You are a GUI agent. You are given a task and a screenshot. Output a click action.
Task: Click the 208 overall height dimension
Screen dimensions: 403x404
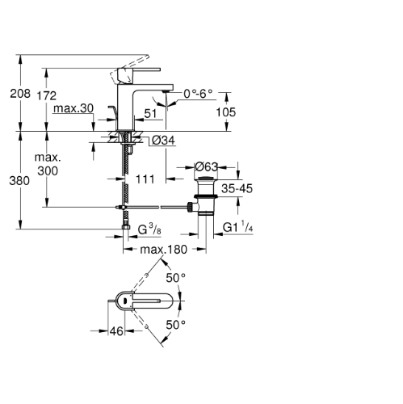(x=20, y=94)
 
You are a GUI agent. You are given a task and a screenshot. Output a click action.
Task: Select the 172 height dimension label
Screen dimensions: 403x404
(x=47, y=95)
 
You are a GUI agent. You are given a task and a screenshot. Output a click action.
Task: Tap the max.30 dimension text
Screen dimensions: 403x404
(x=73, y=108)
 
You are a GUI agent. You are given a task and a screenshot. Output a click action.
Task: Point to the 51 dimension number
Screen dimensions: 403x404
(x=150, y=113)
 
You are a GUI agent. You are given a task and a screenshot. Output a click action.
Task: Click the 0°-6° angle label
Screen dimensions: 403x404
(x=198, y=94)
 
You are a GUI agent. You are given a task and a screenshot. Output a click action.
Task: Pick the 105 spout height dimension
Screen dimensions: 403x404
(x=226, y=112)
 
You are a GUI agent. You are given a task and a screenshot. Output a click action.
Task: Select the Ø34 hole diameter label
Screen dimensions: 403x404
(x=163, y=140)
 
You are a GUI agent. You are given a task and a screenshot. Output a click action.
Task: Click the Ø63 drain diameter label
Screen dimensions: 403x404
(x=206, y=166)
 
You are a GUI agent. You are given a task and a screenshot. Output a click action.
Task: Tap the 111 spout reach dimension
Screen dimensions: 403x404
(x=145, y=179)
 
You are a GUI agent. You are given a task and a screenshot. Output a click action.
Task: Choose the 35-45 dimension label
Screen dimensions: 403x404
(x=237, y=188)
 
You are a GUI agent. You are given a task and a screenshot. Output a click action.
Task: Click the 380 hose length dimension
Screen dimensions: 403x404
(x=19, y=181)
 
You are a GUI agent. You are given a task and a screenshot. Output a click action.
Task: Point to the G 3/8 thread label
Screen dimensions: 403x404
(x=149, y=229)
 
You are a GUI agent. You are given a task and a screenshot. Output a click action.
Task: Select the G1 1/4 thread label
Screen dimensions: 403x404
(x=238, y=227)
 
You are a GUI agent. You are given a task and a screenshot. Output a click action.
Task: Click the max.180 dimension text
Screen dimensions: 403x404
(x=164, y=250)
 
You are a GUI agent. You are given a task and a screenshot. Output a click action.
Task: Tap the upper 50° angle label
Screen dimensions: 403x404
(x=176, y=278)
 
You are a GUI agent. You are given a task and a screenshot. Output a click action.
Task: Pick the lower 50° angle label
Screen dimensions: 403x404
(x=176, y=325)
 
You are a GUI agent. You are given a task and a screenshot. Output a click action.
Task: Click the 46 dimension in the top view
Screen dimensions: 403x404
(x=116, y=331)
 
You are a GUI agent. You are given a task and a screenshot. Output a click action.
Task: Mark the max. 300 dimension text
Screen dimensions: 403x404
(x=48, y=164)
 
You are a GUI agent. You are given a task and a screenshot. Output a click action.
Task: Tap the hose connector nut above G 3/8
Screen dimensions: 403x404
(x=126, y=226)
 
